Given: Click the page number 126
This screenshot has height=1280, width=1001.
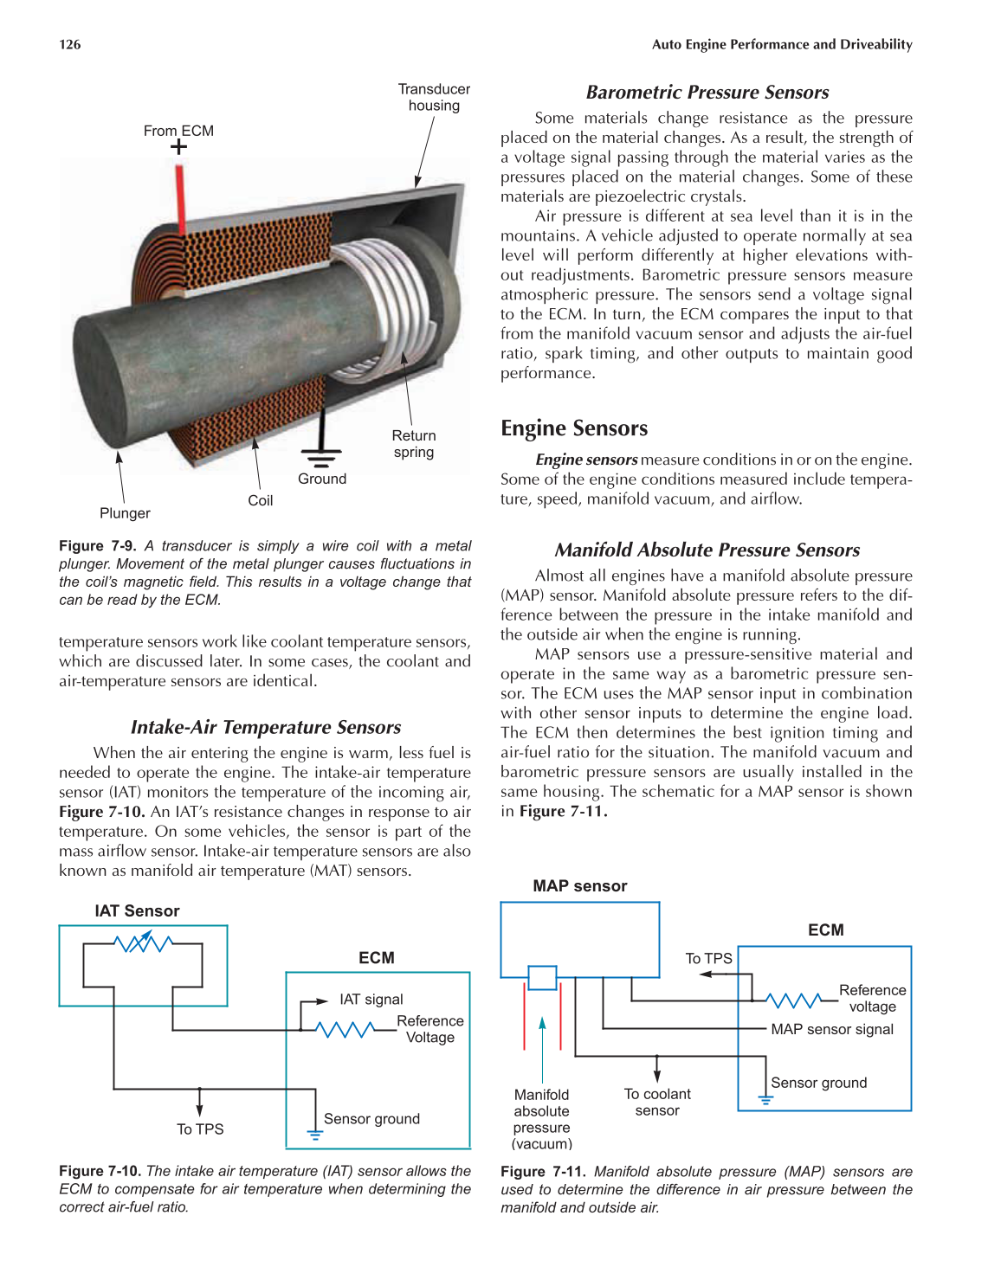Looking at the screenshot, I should click(x=70, y=44).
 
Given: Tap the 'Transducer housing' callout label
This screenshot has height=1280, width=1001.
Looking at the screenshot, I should click(x=434, y=97).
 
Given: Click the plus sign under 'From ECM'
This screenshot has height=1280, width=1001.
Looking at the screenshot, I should click(x=178, y=147).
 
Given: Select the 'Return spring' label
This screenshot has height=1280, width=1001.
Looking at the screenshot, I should click(x=414, y=444).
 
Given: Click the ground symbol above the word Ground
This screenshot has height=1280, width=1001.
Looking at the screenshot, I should click(x=321, y=455).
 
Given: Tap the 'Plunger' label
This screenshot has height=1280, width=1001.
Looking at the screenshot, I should click(x=125, y=513).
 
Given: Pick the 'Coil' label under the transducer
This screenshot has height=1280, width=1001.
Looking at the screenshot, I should click(x=260, y=500).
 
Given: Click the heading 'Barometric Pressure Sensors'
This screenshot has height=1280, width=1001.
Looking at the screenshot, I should click(x=707, y=93).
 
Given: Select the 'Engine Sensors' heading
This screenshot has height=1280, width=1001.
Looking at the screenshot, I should click(x=574, y=428).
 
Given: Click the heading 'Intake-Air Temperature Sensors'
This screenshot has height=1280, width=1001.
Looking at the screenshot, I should click(x=266, y=727).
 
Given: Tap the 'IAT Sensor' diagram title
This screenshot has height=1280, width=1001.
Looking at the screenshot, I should click(x=137, y=910).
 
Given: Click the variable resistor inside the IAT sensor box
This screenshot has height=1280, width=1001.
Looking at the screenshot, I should click(x=144, y=942).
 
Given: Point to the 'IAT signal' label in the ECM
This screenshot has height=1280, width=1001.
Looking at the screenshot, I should click(x=371, y=1000).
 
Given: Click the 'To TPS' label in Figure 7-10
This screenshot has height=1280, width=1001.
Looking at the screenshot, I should click(x=200, y=1129).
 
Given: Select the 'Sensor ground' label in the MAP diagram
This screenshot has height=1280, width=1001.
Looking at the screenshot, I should click(x=818, y=1083).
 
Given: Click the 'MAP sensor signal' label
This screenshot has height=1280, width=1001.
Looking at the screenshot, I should click(x=832, y=1029).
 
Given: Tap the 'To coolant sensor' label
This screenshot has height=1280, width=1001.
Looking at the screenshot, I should click(x=657, y=1102).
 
